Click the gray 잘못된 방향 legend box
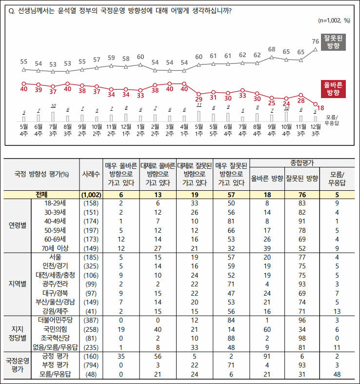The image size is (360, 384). click(x=334, y=43)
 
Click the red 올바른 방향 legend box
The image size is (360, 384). click(x=334, y=89)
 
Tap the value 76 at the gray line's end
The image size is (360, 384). click(x=316, y=41)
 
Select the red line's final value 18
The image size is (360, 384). click(x=320, y=107)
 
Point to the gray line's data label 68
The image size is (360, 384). click(x=272, y=49)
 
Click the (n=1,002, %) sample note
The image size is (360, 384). click(x=334, y=20)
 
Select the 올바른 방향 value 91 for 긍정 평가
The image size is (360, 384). click(x=267, y=356)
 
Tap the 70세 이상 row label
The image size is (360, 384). click(x=55, y=247)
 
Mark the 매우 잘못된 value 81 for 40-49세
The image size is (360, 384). click(x=231, y=221)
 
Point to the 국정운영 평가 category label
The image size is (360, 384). click(x=18, y=365)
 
